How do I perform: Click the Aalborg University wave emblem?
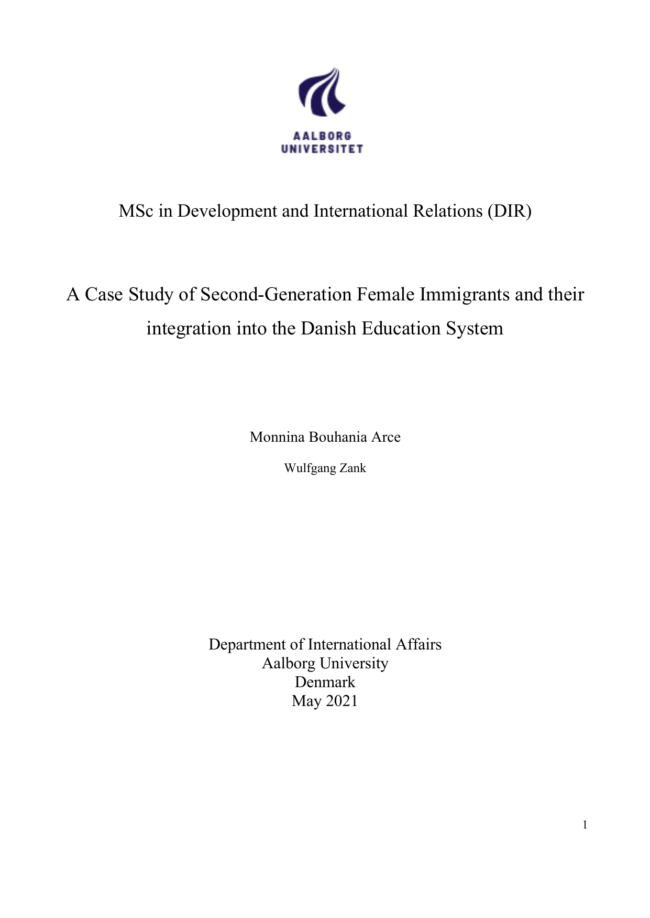pos(322,92)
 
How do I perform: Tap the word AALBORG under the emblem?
pos(322,136)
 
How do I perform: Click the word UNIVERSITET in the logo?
pos(322,149)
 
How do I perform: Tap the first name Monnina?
pos(277,437)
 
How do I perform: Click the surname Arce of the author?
pos(386,437)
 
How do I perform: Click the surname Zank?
pos(352,468)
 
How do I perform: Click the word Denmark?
pos(325,682)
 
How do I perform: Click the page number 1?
pos(585,825)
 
